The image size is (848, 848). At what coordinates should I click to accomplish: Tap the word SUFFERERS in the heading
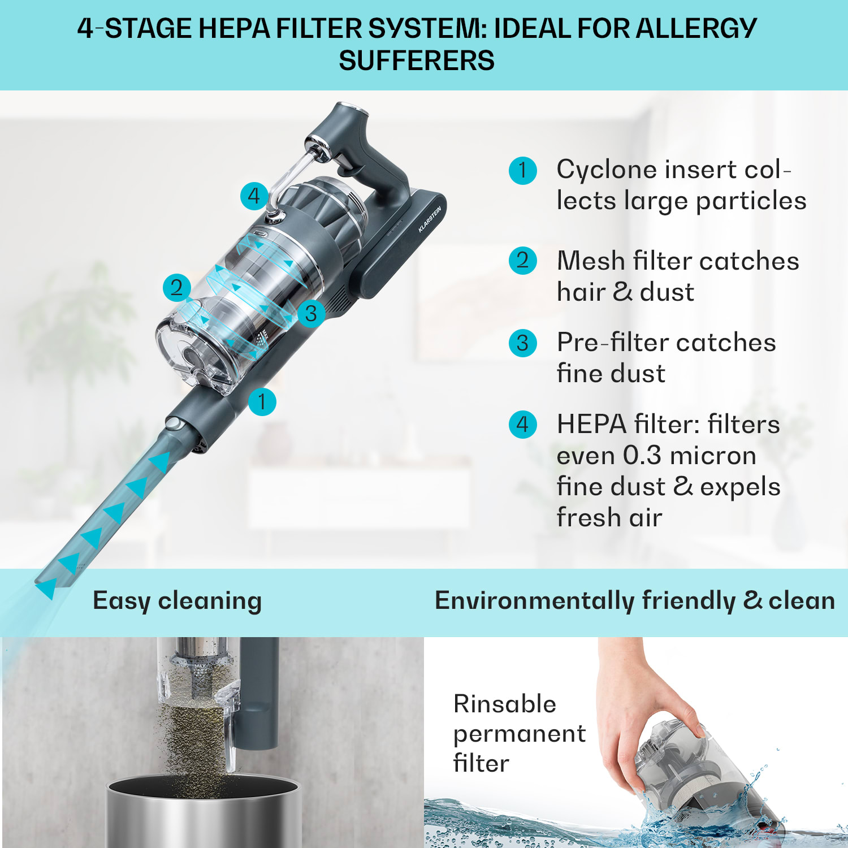pyautogui.click(x=417, y=60)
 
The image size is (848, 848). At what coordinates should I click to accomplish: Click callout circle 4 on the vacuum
pyautogui.click(x=254, y=196)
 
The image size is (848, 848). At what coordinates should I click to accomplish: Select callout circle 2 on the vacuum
pyautogui.click(x=177, y=287)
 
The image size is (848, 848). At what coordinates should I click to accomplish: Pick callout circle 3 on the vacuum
pyautogui.click(x=311, y=313)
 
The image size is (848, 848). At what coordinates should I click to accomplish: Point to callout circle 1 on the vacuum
pyautogui.click(x=262, y=401)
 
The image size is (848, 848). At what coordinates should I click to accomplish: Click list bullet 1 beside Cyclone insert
pyautogui.click(x=522, y=170)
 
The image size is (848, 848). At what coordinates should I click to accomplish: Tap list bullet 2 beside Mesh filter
pyautogui.click(x=522, y=261)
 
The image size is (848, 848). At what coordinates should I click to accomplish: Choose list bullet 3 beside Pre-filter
pyautogui.click(x=522, y=343)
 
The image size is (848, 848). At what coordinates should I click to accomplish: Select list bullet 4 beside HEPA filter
pyautogui.click(x=522, y=425)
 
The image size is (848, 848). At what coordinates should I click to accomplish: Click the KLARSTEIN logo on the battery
pyautogui.click(x=430, y=220)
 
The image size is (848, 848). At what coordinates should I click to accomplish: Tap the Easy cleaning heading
pyautogui.click(x=177, y=601)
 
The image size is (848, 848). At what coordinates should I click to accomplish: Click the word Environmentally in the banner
pyautogui.click(x=534, y=601)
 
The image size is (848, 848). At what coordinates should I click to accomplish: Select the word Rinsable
pyautogui.click(x=505, y=704)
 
